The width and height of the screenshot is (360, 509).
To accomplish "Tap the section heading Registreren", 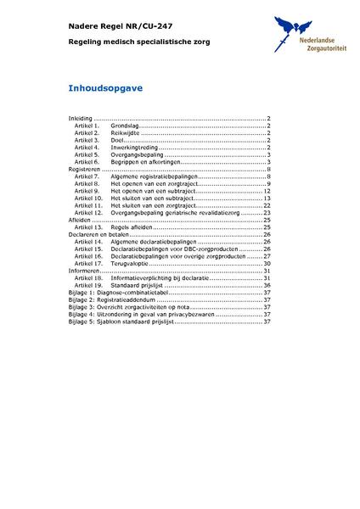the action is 84,170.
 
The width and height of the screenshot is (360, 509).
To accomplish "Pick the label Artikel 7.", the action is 87,176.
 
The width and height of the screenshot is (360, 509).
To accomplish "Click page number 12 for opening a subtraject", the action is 267,191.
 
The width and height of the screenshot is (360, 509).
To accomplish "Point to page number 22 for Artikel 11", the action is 267,205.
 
